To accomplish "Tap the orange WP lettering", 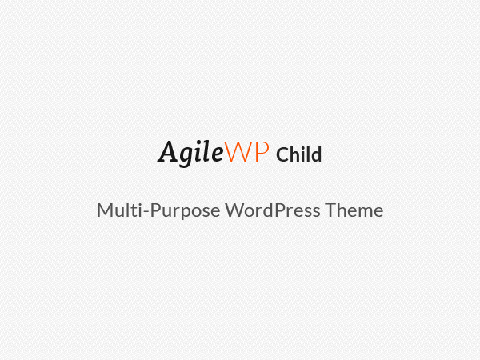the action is pyautogui.click(x=246, y=151).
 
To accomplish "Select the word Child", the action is pyautogui.click(x=298, y=154).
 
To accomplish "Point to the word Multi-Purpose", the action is pyautogui.click(x=158, y=210).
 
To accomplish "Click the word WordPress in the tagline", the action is pyautogui.click(x=273, y=210).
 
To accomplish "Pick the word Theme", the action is pyautogui.click(x=354, y=210).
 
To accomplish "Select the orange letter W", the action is pyautogui.click(x=238, y=151).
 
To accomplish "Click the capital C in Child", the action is pyautogui.click(x=282, y=154).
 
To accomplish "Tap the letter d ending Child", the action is pyautogui.click(x=316, y=154).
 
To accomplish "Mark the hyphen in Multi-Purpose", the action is pyautogui.click(x=146, y=211).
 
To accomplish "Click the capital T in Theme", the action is pyautogui.click(x=331, y=210).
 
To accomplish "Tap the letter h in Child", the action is pyautogui.click(x=297, y=154).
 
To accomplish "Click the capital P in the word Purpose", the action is pyautogui.click(x=156, y=210).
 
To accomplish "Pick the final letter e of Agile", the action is pyautogui.click(x=218, y=154).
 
